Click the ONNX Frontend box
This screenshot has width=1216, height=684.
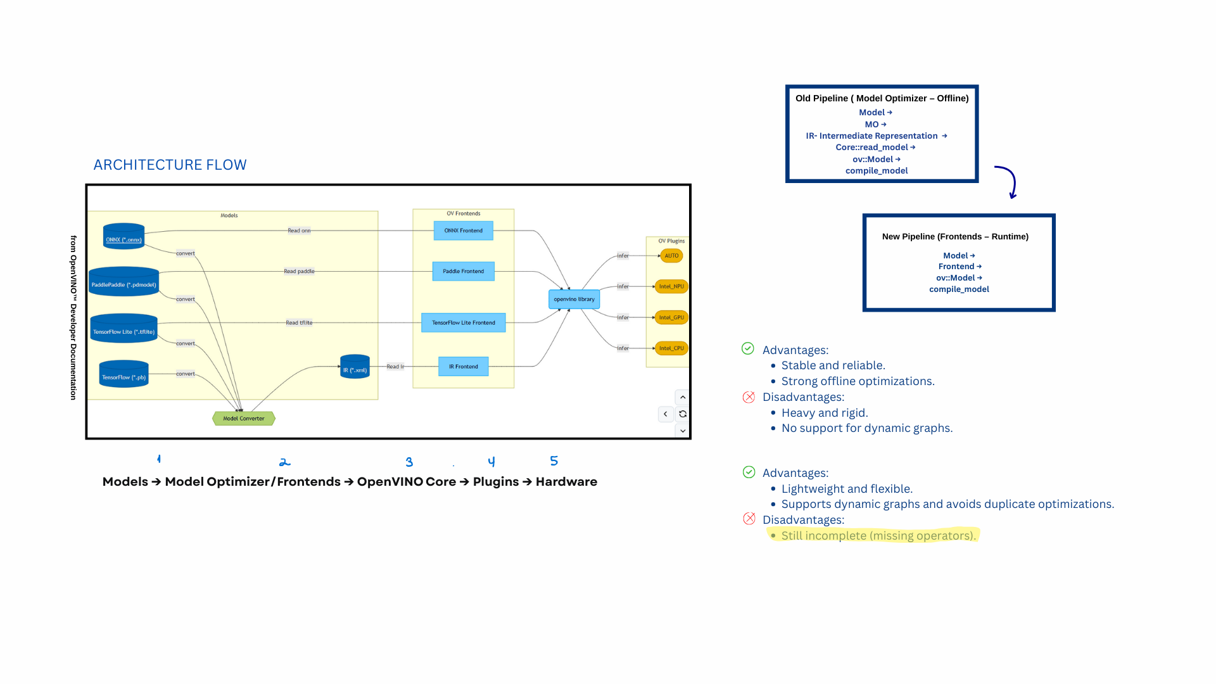pyautogui.click(x=463, y=231)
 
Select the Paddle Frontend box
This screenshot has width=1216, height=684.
pyautogui.click(x=463, y=271)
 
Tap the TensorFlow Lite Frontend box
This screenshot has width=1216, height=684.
pyautogui.click(x=463, y=322)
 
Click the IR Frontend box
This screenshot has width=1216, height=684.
pyautogui.click(x=463, y=366)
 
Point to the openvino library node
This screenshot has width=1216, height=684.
pyautogui.click(x=574, y=299)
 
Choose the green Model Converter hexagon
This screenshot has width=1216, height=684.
pyautogui.click(x=244, y=418)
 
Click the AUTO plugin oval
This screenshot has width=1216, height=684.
pyautogui.click(x=671, y=256)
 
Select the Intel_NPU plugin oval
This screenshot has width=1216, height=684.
pyautogui.click(x=671, y=286)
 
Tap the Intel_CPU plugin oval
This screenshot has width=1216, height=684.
pyautogui.click(x=671, y=348)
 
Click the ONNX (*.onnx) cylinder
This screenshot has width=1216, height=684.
pyautogui.click(x=123, y=237)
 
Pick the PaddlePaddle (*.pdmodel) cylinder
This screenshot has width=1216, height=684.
pyautogui.click(x=123, y=282)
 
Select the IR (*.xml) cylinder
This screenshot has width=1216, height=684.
pyautogui.click(x=355, y=367)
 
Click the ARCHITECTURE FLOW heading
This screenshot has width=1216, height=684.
pyautogui.click(x=170, y=165)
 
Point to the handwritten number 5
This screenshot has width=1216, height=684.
pyautogui.click(x=554, y=460)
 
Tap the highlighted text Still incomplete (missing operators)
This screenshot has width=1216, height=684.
pyautogui.click(x=878, y=535)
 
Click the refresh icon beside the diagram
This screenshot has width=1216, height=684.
pyautogui.click(x=683, y=414)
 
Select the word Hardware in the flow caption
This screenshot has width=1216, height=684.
pyautogui.click(x=566, y=481)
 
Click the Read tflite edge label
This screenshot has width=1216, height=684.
pyautogui.click(x=299, y=322)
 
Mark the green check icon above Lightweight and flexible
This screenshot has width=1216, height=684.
pyautogui.click(x=749, y=472)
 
